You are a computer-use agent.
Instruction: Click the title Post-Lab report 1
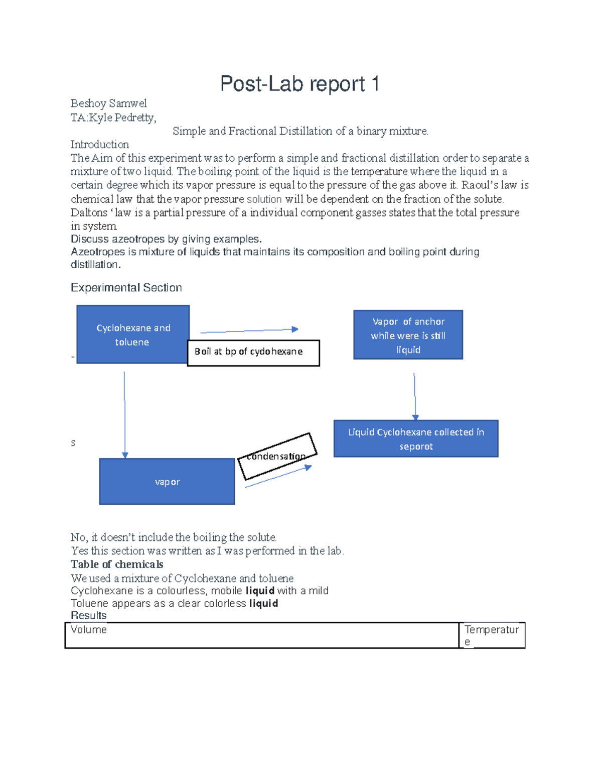pos(299,84)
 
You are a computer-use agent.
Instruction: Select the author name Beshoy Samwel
pos(108,103)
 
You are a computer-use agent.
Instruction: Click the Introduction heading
pos(99,145)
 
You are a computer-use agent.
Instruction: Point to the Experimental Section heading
pos(126,287)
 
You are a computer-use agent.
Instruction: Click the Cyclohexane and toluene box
pos(133,335)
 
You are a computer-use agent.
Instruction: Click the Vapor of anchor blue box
pos(408,335)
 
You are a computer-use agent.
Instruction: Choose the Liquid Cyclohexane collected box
pos(416,439)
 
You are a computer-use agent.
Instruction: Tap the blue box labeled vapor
pos(167,482)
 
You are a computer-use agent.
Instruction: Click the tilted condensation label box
pos(277,456)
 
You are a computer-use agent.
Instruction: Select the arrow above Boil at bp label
pos(249,330)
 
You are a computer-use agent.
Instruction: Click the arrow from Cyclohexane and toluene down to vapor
pos(124,414)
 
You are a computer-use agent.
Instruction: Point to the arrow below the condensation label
pos(278,477)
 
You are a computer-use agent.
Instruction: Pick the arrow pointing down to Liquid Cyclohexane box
pos(414,396)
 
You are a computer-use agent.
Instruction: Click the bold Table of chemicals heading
pos(117,565)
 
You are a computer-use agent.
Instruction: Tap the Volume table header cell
pos(261,635)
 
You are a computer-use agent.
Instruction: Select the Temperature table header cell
pos(492,635)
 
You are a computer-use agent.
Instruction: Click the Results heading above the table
pos(89,616)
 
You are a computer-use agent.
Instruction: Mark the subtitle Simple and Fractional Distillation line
pos(300,131)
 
